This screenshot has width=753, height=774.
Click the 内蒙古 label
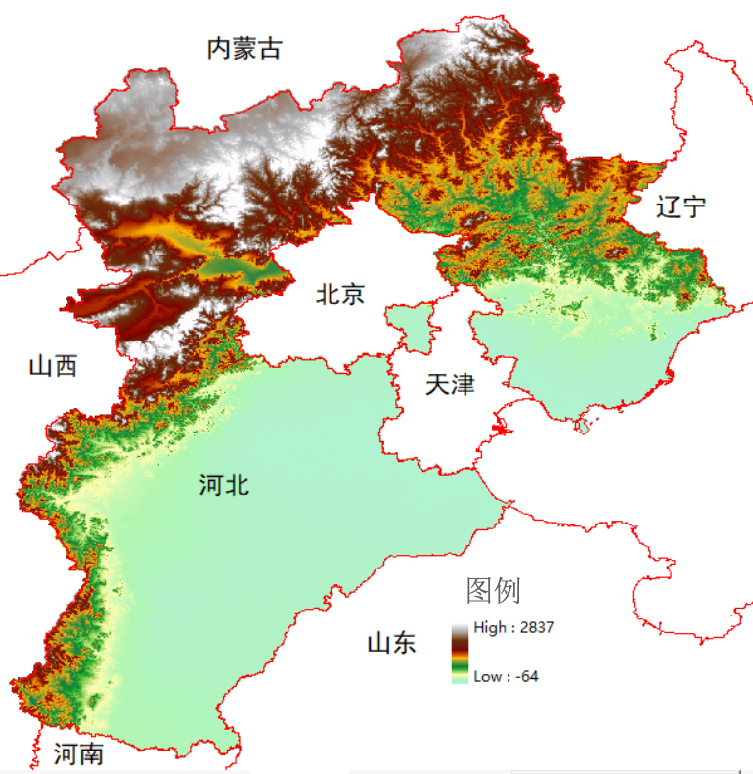tap(244, 48)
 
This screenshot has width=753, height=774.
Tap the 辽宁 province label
tap(681, 206)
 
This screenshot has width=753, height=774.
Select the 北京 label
tap(339, 293)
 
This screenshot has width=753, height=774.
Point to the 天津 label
tap(450, 384)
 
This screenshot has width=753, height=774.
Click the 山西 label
tap(53, 366)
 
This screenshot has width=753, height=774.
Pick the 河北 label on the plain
tap(224, 483)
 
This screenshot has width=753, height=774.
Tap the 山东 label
tap(391, 643)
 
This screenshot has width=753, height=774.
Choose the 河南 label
tap(78, 754)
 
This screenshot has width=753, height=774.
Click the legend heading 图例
tap(494, 590)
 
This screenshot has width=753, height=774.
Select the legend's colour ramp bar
tap(459, 652)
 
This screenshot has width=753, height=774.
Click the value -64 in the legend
tap(526, 676)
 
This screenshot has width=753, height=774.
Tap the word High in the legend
tap(488, 628)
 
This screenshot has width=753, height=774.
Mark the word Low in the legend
tap(487, 676)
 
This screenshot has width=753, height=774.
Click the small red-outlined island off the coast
tap(586, 427)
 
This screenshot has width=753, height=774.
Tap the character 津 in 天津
tap(463, 384)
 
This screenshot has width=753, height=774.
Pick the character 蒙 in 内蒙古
tap(244, 48)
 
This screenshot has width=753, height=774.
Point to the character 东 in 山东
tap(404, 643)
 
